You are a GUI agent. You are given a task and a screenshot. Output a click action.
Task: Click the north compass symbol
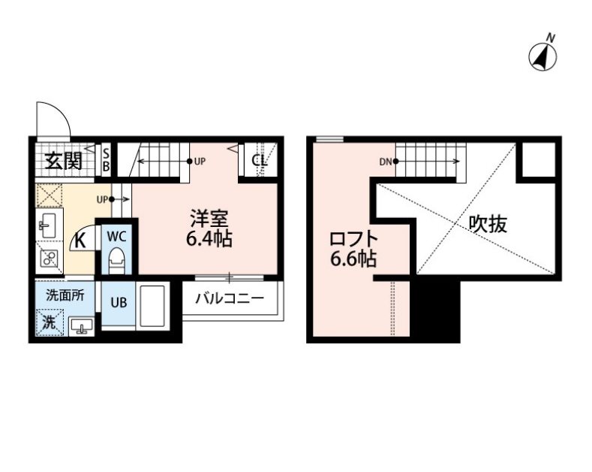click(543, 55)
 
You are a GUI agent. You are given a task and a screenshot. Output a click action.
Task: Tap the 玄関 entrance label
click(62, 161)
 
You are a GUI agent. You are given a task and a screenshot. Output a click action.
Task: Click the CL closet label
click(259, 160)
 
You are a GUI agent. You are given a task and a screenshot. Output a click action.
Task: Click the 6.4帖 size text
click(208, 240)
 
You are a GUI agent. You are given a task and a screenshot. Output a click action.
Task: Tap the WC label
click(116, 235)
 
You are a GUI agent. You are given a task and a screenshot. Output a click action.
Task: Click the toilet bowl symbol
click(117, 262)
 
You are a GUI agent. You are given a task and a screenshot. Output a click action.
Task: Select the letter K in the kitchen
click(79, 242)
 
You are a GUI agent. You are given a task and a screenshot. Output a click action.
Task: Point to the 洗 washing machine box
click(48, 323)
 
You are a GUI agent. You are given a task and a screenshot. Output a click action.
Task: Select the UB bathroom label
click(119, 304)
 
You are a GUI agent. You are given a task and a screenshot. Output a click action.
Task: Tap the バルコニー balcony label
click(230, 298)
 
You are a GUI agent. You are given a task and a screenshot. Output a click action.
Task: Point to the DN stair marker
click(385, 162)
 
